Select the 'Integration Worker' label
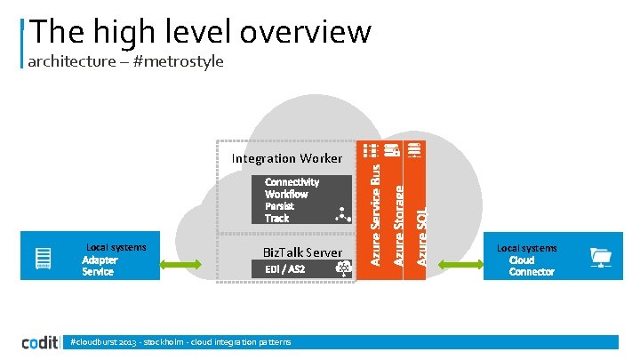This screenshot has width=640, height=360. click(286, 159)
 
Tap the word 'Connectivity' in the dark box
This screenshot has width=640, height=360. click(292, 181)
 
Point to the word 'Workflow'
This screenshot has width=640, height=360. click(286, 194)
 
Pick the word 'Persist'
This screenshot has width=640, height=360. click(279, 205)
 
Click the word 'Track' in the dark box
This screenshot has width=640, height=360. click(276, 218)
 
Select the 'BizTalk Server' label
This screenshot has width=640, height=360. click(302, 253)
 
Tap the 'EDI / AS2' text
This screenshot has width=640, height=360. click(284, 269)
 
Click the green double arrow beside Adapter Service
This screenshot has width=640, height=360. click(188, 263)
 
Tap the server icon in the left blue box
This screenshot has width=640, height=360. click(42, 259)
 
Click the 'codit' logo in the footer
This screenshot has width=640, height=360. click(42, 343)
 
